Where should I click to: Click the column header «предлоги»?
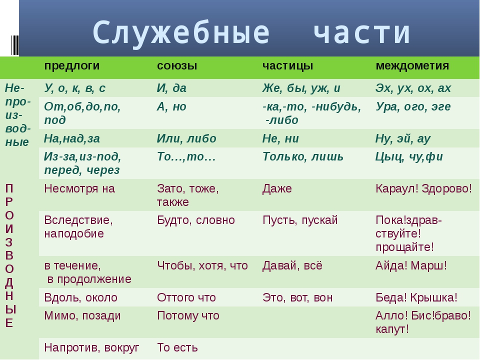pos(72,66)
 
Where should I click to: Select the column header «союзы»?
pos(177,66)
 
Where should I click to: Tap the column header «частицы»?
pos(288,66)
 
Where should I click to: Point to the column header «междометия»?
pos(412,66)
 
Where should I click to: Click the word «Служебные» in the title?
pos(181,32)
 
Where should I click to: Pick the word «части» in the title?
pos(362,32)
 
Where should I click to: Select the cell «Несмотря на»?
pos(79,188)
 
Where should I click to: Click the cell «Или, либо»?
pos(186,138)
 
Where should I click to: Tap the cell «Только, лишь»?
pos(303,156)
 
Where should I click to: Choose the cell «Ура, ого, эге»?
pos(413,107)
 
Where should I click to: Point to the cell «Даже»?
pos(277,189)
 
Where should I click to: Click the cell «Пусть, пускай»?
pos(300,220)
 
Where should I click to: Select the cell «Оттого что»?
pos(186,297)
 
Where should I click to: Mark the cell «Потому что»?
pos(188,316)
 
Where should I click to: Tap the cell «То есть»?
pos(177,348)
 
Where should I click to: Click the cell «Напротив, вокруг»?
pos(91,348)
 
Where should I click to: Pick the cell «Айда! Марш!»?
pos(411,265)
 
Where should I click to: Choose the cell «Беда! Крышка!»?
pos(416,297)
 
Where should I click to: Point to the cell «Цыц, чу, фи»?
pos(409,157)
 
